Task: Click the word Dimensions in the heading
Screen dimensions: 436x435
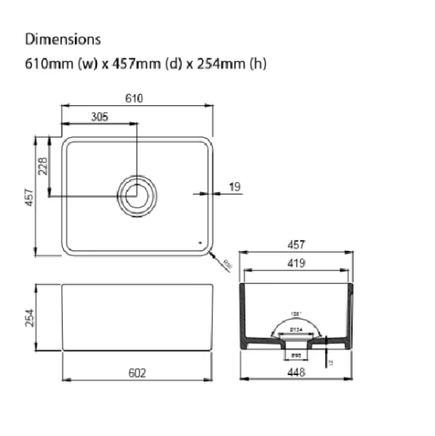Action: pyautogui.click(x=63, y=39)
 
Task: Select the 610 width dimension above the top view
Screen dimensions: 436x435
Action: pyautogui.click(x=134, y=98)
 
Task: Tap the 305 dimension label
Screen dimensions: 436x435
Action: pyautogui.click(x=99, y=117)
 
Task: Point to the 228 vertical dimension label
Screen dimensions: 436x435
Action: pyautogui.click(x=43, y=166)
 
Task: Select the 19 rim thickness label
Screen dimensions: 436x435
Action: pyautogui.click(x=235, y=187)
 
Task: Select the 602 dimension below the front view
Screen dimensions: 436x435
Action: pyautogui.click(x=137, y=373)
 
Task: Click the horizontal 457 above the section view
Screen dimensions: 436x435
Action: pyautogui.click(x=296, y=245)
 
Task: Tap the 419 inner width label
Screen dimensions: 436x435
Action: pyautogui.click(x=296, y=263)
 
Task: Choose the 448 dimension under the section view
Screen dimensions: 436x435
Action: pyautogui.click(x=296, y=373)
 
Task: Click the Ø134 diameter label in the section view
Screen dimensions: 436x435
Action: pyautogui.click(x=295, y=329)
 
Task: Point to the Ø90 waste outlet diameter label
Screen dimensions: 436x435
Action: pyautogui.click(x=295, y=355)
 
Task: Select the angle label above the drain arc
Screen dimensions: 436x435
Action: pyautogui.click(x=295, y=314)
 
